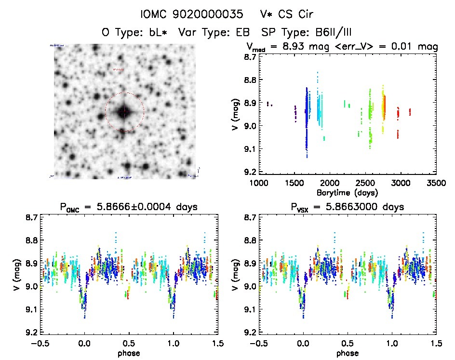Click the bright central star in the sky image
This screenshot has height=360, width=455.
tap(124, 113)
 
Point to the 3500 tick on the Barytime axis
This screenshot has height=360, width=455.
tap(436, 184)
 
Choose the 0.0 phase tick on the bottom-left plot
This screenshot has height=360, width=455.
tap(85, 344)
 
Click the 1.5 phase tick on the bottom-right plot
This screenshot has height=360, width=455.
tap(436, 344)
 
